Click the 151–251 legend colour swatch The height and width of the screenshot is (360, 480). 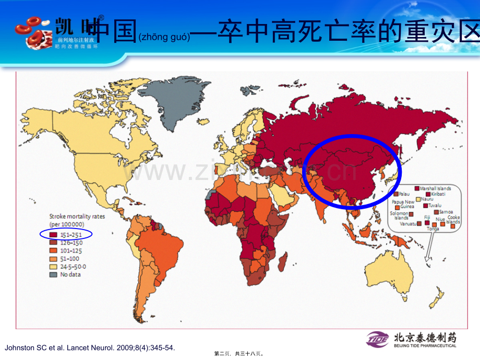pos(53,234)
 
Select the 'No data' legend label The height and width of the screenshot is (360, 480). pos(70,274)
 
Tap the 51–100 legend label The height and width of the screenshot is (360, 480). pos(69,258)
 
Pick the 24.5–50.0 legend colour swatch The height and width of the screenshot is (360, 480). pos(53,266)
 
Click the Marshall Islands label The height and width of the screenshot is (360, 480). pos(437,188)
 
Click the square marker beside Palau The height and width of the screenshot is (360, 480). pos(395,194)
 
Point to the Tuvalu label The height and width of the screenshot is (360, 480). pos(435,205)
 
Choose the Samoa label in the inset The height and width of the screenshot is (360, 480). pos(445,212)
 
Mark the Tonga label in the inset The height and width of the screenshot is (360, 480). pos(433,229)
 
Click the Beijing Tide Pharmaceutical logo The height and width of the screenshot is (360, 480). pos(412,339)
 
